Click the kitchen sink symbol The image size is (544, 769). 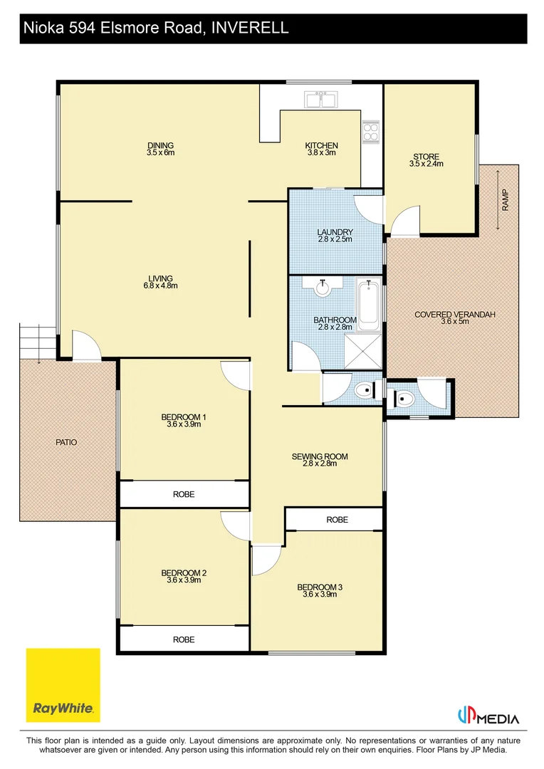click(321, 100)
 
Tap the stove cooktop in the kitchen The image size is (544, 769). click(371, 132)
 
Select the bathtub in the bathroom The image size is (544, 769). click(368, 305)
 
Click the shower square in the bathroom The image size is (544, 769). click(362, 350)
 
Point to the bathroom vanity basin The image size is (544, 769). click(323, 286)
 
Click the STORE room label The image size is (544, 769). click(426, 157)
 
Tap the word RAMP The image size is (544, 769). click(506, 200)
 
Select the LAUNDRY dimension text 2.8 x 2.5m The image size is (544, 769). click(335, 239)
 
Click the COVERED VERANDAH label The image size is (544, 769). click(455, 315)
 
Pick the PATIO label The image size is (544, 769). click(66, 442)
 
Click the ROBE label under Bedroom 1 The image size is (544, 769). click(184, 494)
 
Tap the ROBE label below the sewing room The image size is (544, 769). click(338, 520)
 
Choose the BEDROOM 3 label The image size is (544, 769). click(320, 587)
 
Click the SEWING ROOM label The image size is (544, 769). click(320, 456)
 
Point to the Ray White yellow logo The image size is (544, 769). click(63, 685)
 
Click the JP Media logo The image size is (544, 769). click(488, 716)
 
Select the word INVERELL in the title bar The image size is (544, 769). click(250, 28)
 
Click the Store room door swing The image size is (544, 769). click(405, 219)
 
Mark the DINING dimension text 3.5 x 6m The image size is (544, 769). click(160, 152)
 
